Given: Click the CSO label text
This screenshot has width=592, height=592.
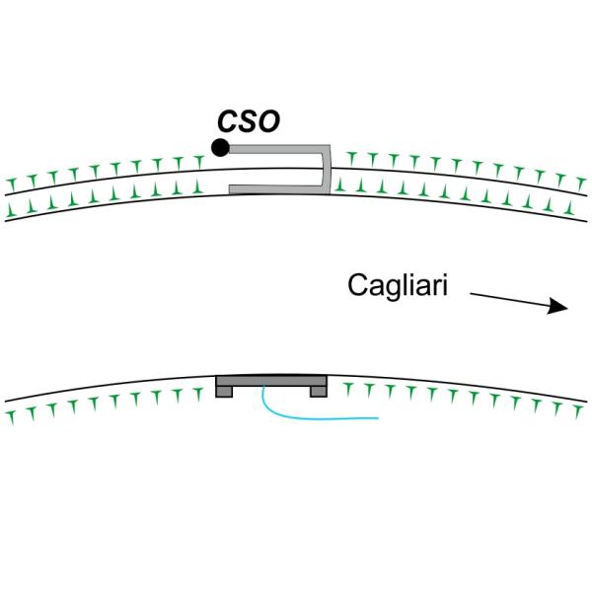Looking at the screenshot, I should pos(249,121).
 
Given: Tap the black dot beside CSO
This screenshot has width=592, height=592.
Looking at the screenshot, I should pos(220,148).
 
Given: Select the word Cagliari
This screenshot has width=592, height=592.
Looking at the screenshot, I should pos(399,286).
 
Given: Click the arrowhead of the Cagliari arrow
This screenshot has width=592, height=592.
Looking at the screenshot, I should pos(560,307).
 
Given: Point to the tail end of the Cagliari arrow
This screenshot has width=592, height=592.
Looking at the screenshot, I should pos(471,292).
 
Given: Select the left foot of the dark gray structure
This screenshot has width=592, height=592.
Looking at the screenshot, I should pos(224,391).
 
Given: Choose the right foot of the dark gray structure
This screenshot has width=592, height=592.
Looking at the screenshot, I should pos(318,391).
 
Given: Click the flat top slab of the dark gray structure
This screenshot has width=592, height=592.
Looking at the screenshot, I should pos(271,381).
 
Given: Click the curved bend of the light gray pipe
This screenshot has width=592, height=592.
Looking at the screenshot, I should pos(327,169).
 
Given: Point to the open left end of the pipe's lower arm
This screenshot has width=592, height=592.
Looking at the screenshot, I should pos(231,186).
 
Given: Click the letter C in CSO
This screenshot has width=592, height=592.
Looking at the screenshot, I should pos(228,121).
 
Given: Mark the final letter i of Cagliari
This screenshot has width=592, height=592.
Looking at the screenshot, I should pos(447,286).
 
